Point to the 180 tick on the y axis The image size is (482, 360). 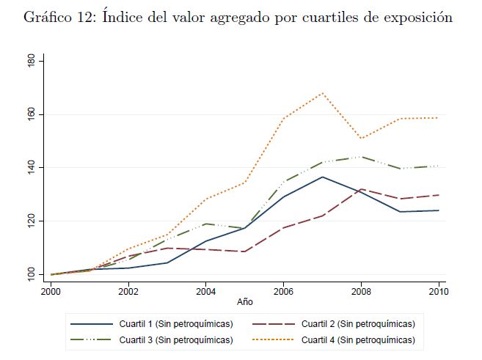[x=31, y=62]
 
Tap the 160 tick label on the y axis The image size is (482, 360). [x=31, y=114]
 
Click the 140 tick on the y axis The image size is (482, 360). [x=31, y=168]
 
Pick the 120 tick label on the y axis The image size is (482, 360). [x=31, y=221]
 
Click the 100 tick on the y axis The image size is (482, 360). [x=31, y=274]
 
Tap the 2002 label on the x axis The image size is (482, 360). [x=128, y=291]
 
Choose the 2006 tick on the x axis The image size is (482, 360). [x=284, y=291]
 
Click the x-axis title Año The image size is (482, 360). [x=244, y=301]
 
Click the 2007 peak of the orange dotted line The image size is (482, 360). [x=322, y=93]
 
